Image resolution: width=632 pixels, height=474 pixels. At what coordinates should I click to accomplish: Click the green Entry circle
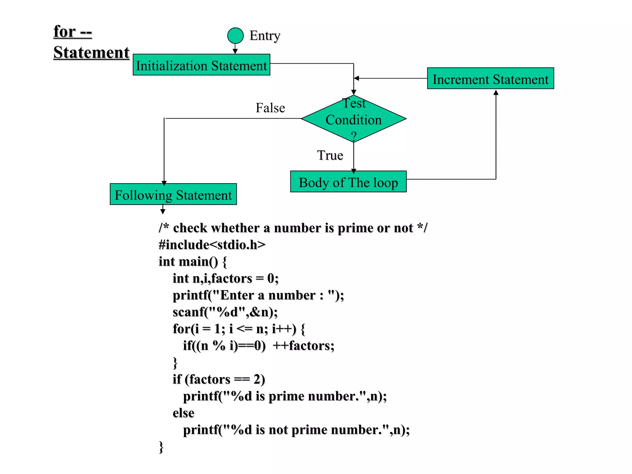[x=235, y=35]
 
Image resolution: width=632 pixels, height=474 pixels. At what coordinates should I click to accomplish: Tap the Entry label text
[x=265, y=36]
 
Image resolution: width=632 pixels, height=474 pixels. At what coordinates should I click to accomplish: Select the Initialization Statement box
[x=202, y=65]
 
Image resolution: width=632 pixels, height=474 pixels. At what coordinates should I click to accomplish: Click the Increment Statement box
[x=490, y=78]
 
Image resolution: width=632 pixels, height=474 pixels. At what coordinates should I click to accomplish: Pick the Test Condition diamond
[x=354, y=119]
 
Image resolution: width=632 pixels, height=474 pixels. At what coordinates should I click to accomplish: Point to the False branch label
[x=270, y=108]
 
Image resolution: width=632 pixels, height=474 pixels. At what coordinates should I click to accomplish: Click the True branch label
[x=330, y=155]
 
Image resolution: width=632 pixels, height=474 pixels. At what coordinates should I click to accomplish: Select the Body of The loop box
[x=348, y=182]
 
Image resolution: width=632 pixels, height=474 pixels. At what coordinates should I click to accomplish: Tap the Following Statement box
[x=173, y=194]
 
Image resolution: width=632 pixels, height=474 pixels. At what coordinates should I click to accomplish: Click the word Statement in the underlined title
[x=91, y=52]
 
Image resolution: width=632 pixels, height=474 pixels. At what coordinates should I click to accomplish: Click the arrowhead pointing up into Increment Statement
[x=496, y=92]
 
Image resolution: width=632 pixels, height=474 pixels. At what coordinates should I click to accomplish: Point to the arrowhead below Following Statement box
[x=163, y=212]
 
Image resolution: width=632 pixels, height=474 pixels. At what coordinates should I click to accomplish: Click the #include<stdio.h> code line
[x=212, y=245]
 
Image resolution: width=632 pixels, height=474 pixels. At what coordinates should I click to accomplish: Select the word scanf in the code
[x=188, y=312]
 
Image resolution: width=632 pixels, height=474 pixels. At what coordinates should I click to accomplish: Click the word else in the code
[x=183, y=413]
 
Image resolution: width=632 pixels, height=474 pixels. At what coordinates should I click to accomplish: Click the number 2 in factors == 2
[x=257, y=379]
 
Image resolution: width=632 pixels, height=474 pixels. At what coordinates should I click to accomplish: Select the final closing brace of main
[x=161, y=447]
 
